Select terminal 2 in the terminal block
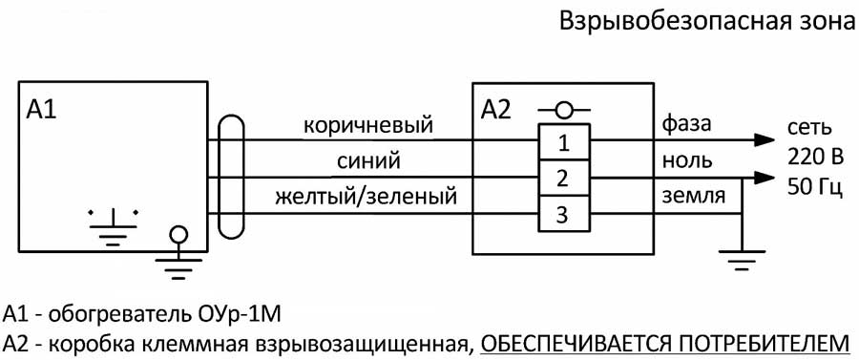(564, 179)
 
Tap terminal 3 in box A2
(564, 215)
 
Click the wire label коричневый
(367, 126)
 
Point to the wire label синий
(367, 159)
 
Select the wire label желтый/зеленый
(367, 197)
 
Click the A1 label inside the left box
(42, 109)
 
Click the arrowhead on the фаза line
(764, 139)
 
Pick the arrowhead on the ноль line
(764, 178)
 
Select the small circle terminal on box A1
(177, 233)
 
